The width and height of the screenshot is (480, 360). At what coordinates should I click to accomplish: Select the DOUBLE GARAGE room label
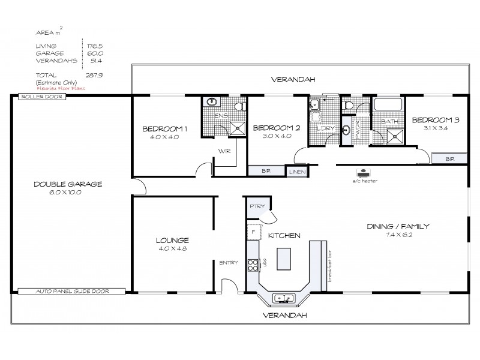(67, 184)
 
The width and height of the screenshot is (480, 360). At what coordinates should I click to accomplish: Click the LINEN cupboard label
(297, 172)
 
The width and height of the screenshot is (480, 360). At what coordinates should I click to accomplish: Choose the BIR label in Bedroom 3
(449, 159)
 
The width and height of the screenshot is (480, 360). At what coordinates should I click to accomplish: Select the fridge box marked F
(254, 232)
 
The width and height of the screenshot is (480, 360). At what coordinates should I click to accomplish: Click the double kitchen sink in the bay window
(281, 297)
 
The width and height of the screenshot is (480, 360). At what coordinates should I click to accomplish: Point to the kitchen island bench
(282, 259)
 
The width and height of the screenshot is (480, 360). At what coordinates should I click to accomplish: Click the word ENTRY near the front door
(229, 262)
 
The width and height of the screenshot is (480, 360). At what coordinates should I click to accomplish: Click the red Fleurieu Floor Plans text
(60, 88)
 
